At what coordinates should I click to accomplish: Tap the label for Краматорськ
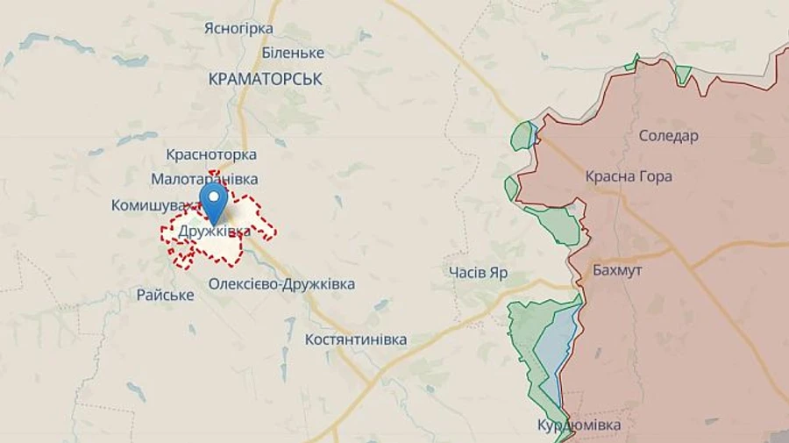click(x=266, y=79)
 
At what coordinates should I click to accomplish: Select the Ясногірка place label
click(x=238, y=28)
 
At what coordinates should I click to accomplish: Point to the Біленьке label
click(x=293, y=53)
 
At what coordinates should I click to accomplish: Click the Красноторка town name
click(x=210, y=154)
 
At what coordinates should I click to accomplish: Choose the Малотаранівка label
click(x=204, y=179)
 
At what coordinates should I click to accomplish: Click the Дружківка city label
click(x=214, y=232)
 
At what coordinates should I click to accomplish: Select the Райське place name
click(x=165, y=295)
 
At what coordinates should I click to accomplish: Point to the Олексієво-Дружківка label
click(x=281, y=284)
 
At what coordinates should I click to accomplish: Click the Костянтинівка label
click(x=355, y=339)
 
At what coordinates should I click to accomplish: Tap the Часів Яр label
click(x=477, y=272)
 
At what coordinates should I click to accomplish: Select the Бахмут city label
click(x=616, y=270)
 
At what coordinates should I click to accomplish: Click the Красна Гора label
click(x=629, y=176)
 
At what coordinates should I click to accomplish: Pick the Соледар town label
click(x=668, y=136)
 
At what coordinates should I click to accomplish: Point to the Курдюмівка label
click(x=579, y=425)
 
